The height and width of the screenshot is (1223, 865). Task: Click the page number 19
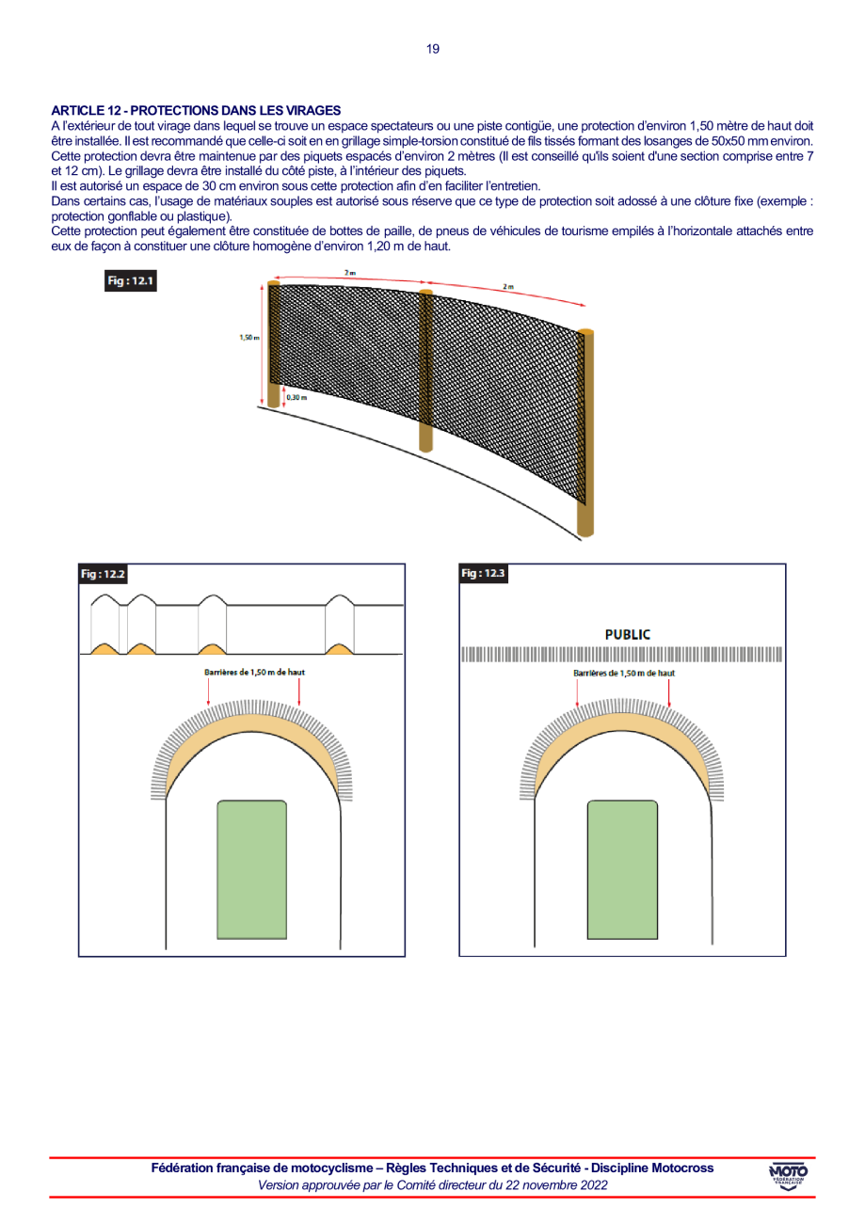(433, 49)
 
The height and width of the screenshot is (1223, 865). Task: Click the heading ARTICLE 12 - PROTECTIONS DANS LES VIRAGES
(196, 111)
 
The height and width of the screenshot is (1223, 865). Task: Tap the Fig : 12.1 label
(131, 280)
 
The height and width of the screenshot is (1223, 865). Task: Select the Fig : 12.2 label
(104, 574)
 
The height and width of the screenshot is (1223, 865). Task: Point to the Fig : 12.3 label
(483, 573)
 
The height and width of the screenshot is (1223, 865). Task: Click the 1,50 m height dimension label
(249, 338)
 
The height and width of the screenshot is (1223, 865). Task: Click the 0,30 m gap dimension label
(296, 397)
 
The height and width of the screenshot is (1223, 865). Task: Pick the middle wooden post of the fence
(426, 372)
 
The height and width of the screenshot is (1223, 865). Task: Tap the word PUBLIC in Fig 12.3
(628, 634)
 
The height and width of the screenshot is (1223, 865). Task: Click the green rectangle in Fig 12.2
(251, 870)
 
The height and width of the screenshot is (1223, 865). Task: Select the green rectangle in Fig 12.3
(622, 870)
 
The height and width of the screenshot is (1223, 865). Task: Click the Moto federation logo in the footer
(789, 1176)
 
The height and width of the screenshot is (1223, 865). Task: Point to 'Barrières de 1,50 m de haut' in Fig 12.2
(254, 672)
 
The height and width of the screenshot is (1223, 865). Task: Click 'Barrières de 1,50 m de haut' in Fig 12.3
(624, 674)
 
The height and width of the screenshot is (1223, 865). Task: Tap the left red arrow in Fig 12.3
(578, 693)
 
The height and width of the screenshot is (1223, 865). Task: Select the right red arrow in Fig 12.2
(299, 692)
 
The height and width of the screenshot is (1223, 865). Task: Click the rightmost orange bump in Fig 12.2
(340, 649)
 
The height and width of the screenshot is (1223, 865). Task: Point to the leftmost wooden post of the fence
(274, 344)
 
